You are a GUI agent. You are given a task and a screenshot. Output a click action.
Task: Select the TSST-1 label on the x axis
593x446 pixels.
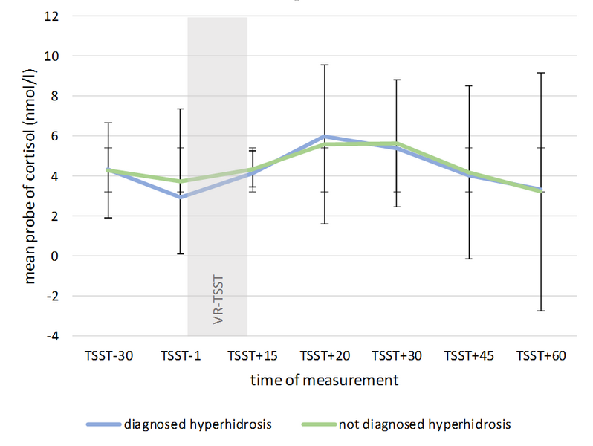pyautogui.click(x=180, y=356)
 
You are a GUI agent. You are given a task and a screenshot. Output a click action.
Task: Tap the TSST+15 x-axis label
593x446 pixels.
pyautogui.click(x=253, y=356)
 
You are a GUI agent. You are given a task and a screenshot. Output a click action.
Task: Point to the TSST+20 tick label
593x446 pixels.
pyautogui.click(x=325, y=356)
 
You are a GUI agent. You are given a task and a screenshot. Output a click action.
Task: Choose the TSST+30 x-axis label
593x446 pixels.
pyautogui.click(x=397, y=356)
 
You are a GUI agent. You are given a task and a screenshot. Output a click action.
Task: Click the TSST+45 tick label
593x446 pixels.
pyautogui.click(x=469, y=356)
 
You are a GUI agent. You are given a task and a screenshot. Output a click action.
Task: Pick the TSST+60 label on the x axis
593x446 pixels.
pyautogui.click(x=541, y=356)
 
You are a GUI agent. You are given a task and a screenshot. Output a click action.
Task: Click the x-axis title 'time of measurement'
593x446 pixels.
pyautogui.click(x=324, y=381)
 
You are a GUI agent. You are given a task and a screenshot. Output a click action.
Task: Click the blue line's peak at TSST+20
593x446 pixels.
pyautogui.click(x=325, y=137)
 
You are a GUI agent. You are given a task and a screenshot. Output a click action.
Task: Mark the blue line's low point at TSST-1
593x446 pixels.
pyautogui.click(x=180, y=198)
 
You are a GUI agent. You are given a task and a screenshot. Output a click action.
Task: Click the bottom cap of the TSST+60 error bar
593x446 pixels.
pyautogui.click(x=541, y=311)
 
